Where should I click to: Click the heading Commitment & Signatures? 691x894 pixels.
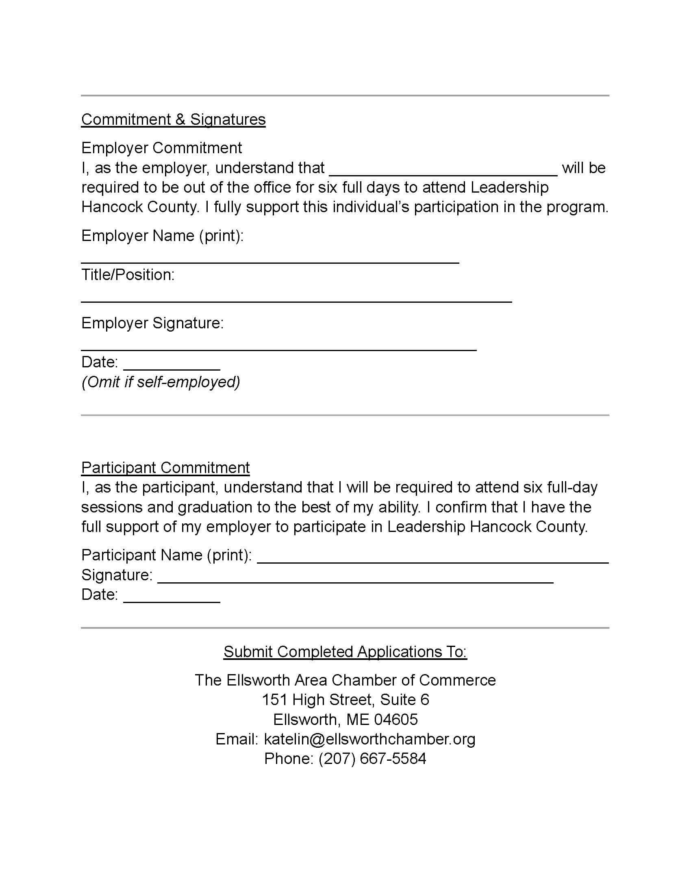coord(173,119)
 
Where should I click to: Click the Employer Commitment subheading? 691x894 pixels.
coord(161,148)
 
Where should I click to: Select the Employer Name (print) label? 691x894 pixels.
coord(162,236)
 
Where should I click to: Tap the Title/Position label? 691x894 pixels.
coord(128,275)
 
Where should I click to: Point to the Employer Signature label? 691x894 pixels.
coord(152,323)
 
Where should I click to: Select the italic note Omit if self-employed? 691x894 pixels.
coord(161,382)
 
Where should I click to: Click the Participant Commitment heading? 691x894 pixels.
coord(165,467)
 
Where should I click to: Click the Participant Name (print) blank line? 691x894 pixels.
coord(432,559)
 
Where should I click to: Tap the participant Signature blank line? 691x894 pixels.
coord(355,578)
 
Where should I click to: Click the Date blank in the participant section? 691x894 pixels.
coord(172,598)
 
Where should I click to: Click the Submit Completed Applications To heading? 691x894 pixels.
coord(345,652)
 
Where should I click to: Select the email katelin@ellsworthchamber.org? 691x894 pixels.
coord(369,739)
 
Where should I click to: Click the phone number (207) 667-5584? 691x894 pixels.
coord(372,759)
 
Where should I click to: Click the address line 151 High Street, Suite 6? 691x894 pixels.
coord(345,700)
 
